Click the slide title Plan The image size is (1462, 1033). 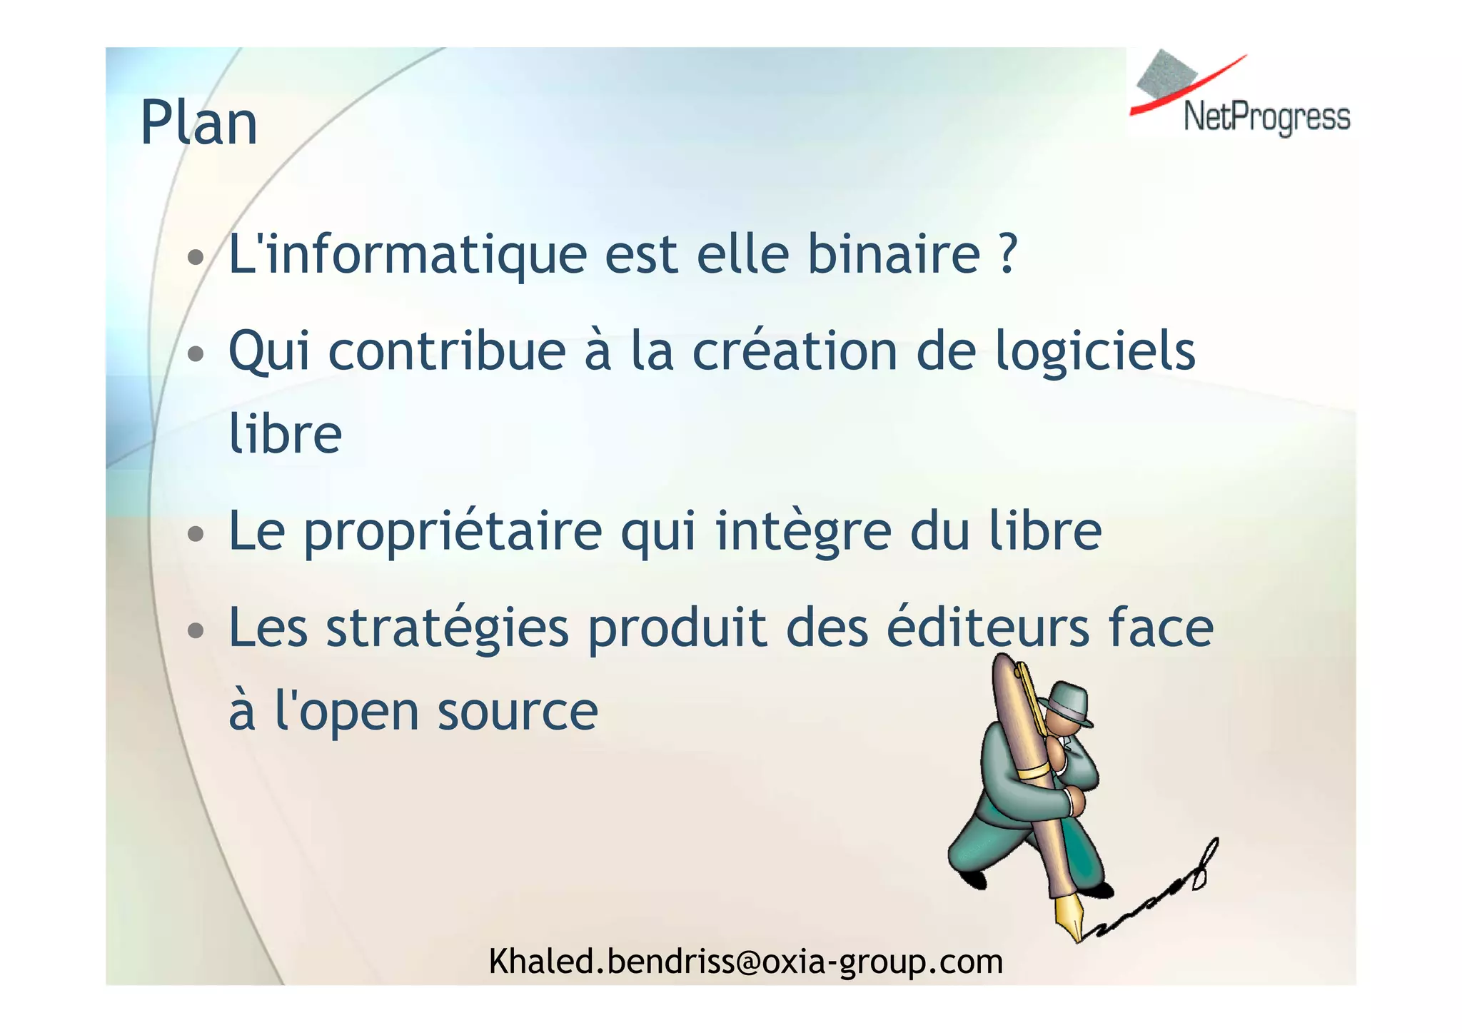[x=198, y=123]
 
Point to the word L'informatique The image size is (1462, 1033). [x=407, y=256]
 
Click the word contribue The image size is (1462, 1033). [x=447, y=351]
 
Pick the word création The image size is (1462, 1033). [x=795, y=351]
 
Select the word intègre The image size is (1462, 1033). [x=803, y=533]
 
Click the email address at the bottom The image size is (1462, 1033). [x=745, y=962]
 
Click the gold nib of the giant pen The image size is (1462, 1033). [x=1069, y=918]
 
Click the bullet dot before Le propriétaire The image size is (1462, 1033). [x=195, y=533]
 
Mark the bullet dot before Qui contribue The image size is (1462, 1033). [x=195, y=353]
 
